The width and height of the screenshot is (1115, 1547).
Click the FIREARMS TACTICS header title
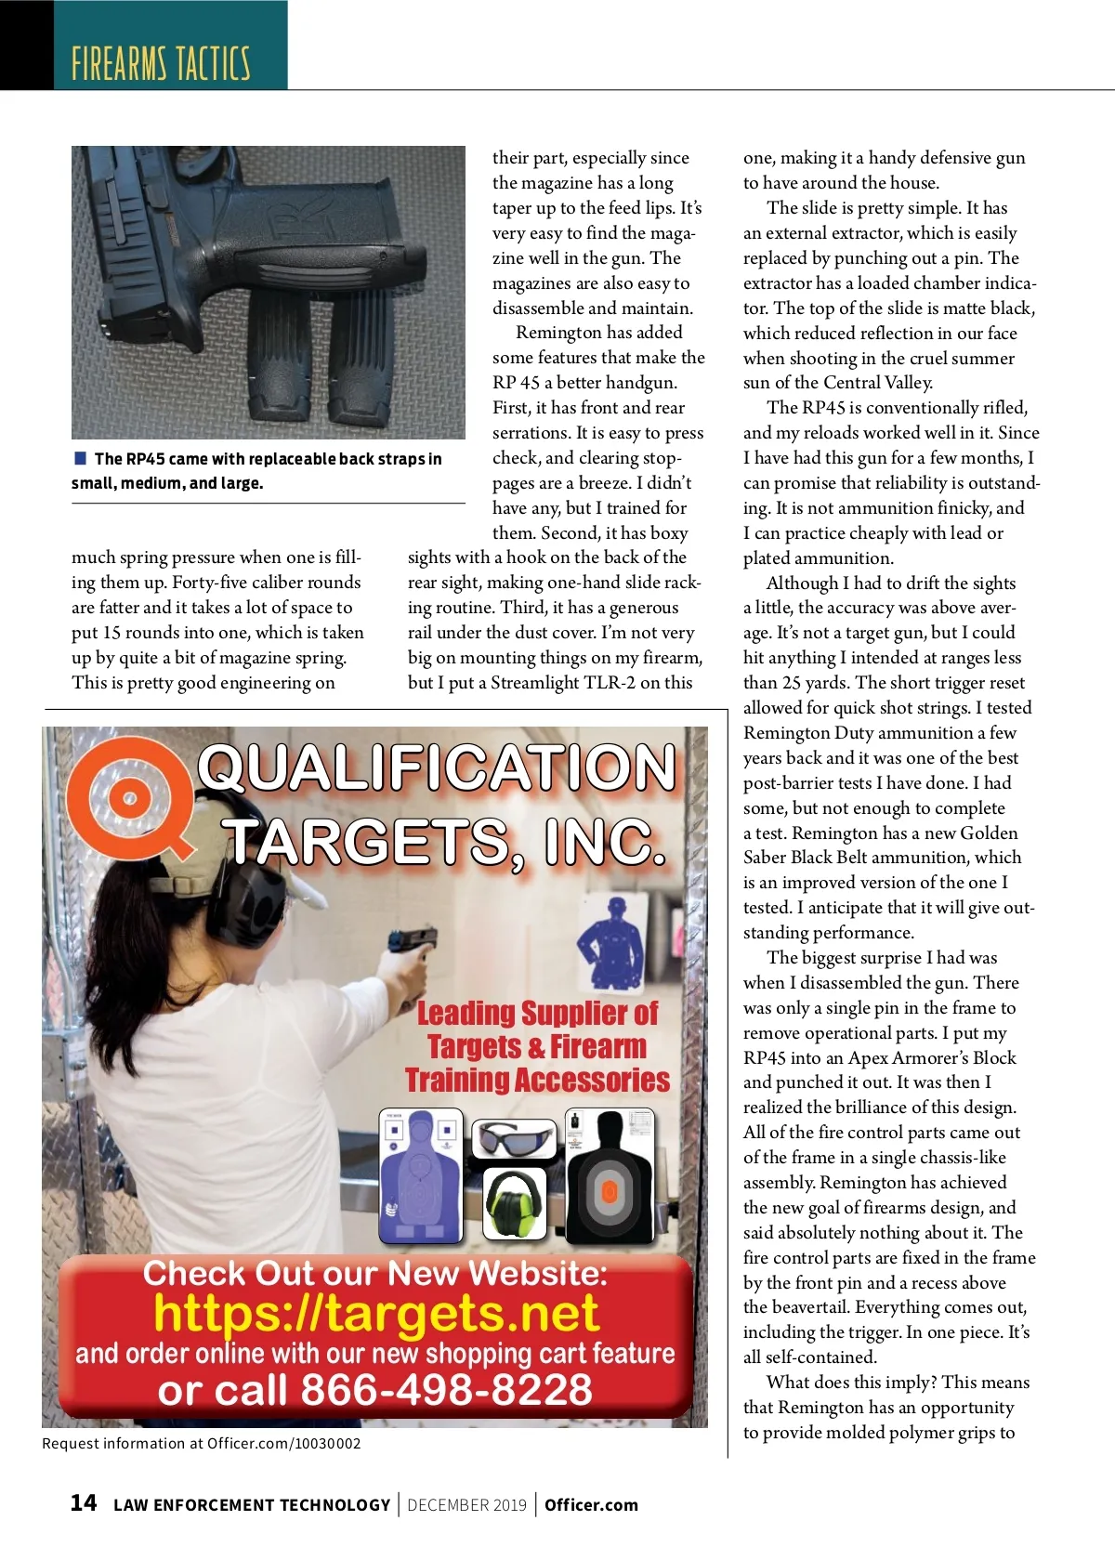(161, 62)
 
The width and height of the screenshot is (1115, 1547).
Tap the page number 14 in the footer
(84, 1502)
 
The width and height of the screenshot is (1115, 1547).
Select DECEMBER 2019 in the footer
(466, 1505)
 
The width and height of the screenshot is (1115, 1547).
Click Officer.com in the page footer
(591, 1505)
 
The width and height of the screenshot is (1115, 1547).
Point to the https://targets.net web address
(376, 1314)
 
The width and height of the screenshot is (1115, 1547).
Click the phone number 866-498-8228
(446, 1390)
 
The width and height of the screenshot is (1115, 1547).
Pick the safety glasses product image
(515, 1137)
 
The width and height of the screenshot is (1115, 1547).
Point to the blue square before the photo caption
(80, 458)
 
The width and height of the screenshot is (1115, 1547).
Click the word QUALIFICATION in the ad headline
(437, 768)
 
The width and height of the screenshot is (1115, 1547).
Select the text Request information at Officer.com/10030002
(202, 1443)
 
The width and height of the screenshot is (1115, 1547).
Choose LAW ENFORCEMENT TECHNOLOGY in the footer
(252, 1505)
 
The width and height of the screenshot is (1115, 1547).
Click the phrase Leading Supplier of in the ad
(537, 1013)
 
